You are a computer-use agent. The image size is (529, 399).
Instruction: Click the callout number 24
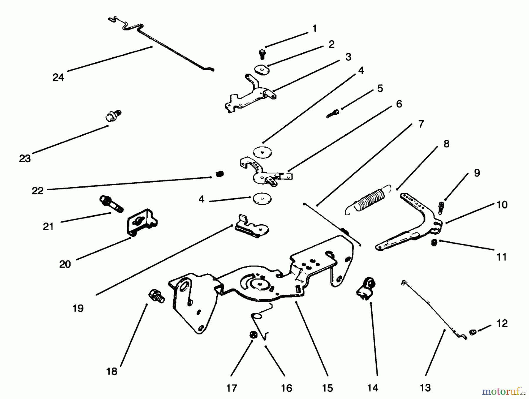pyautogui.click(x=58, y=78)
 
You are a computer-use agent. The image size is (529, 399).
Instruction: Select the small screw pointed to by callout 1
pyautogui.click(x=262, y=54)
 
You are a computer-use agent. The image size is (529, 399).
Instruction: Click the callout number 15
pyautogui.click(x=327, y=388)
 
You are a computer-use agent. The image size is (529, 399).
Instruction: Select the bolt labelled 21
pyautogui.click(x=112, y=203)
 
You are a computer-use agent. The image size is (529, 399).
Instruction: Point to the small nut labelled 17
pyautogui.click(x=252, y=335)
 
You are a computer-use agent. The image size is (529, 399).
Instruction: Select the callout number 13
pyautogui.click(x=425, y=388)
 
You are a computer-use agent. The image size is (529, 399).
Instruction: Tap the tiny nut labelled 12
pyautogui.click(x=472, y=332)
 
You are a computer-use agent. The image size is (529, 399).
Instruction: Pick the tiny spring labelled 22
pyautogui.click(x=220, y=174)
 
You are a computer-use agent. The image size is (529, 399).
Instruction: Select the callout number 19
pyautogui.click(x=78, y=308)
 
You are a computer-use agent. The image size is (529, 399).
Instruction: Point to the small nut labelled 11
pyautogui.click(x=434, y=242)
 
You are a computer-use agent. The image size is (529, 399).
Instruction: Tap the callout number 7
pyautogui.click(x=421, y=124)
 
